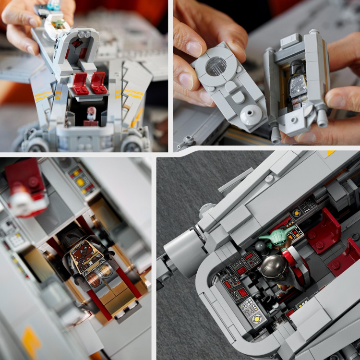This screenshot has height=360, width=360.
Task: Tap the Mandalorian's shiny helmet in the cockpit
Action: (273, 267)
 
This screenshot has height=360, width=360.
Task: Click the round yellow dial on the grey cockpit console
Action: (256, 317)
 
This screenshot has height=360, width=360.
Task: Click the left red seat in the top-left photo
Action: (80, 84)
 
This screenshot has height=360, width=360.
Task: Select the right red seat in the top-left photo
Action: (99, 83)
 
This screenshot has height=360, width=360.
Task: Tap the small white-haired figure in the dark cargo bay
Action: (91, 114)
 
